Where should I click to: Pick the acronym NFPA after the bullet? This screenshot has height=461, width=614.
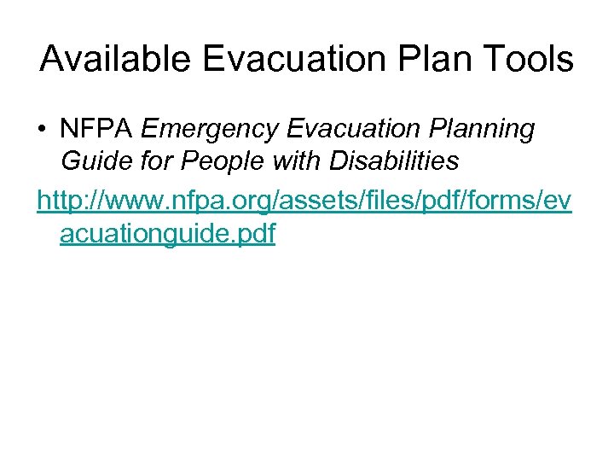coord(96,129)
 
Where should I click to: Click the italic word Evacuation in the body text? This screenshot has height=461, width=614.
coord(351,129)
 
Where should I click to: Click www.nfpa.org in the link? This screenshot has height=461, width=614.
coord(184,201)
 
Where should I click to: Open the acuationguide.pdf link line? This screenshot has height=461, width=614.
coord(167,232)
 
